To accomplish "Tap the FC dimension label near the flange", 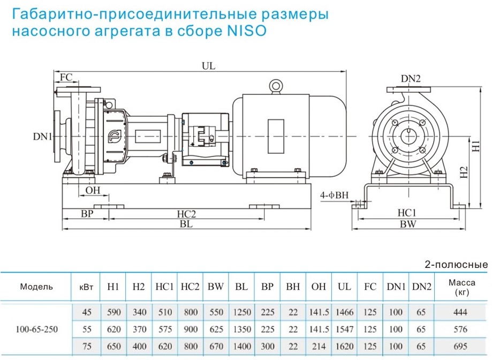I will coord(66,77).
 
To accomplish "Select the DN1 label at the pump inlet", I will coord(42,137).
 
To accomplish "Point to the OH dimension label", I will coord(93,190).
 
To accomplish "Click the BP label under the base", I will coord(87,214).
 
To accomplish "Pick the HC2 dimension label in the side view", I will coord(186,214).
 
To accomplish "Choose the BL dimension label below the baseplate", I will coord(186,225).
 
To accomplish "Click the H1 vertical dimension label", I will coord(475,145).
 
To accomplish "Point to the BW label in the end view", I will coord(408,225).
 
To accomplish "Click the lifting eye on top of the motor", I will coord(276,85).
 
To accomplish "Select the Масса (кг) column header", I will coord(460,287).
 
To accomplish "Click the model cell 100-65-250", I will coord(36,329).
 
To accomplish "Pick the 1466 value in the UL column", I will coord(344,312).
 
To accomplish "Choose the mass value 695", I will coord(460,347).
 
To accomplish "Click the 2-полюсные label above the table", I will coord(456,265).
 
